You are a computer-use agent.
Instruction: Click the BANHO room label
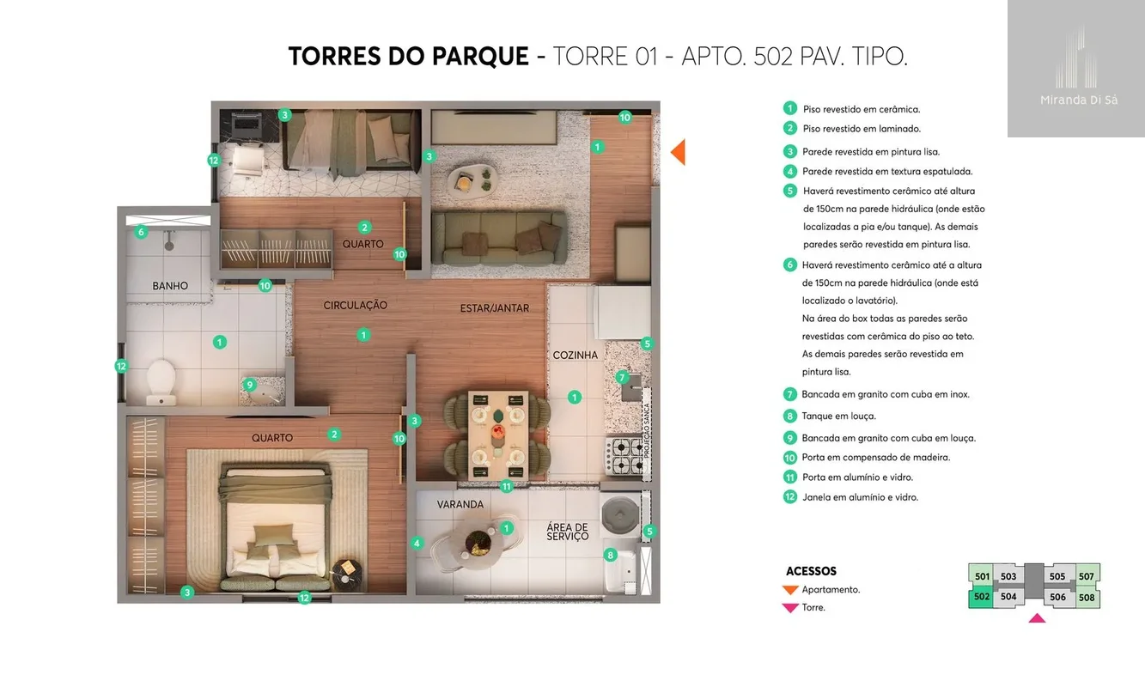coord(170,286)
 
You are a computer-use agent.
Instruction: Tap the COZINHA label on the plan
coord(575,355)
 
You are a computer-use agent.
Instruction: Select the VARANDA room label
coord(460,505)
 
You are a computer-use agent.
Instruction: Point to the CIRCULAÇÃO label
coord(356,305)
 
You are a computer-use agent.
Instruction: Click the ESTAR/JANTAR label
coord(494,308)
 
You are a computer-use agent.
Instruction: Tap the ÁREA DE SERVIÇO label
coord(568,532)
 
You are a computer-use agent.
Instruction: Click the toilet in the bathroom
coord(161,382)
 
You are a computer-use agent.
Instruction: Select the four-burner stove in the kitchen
coord(624,456)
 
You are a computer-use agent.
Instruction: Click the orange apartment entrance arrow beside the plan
coord(678,152)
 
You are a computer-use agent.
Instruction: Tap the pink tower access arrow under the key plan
coord(1037,618)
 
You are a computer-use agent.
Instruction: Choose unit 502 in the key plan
coord(981,597)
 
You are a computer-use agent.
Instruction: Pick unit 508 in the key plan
coord(1087,598)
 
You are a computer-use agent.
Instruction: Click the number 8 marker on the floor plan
coord(611,555)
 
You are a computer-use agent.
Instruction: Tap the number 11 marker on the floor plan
coord(507,486)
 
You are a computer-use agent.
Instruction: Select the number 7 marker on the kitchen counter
coord(622,377)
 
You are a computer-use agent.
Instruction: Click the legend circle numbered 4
coord(790,171)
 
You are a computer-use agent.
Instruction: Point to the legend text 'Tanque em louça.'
coord(839,416)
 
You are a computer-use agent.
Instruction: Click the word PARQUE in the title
coord(480,56)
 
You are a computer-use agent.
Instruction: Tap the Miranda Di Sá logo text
coord(1079,100)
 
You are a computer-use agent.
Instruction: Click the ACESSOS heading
coord(811,571)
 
